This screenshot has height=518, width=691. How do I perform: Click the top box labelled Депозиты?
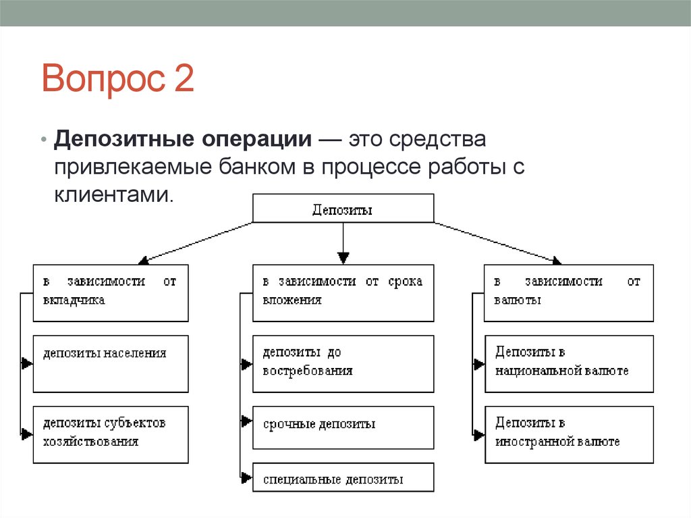point(343,209)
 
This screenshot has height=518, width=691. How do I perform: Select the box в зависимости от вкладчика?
point(111,292)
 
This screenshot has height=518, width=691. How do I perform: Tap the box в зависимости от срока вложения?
point(343,292)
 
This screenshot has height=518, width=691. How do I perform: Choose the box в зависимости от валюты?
point(569,292)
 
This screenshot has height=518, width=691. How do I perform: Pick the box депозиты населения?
point(111,363)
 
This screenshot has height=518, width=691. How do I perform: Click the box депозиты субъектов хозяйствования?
point(111,434)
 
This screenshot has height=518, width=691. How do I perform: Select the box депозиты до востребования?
point(343,363)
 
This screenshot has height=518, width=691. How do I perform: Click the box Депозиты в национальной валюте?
point(569,363)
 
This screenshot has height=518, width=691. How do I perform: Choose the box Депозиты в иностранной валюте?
point(569,434)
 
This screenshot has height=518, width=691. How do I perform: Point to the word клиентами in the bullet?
point(113,195)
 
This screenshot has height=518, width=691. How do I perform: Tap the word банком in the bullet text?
point(256,167)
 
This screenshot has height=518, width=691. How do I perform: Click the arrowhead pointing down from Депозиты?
point(343,257)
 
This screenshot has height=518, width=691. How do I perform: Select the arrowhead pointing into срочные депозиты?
point(246,421)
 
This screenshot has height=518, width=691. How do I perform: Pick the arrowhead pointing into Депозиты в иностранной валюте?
point(478,434)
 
